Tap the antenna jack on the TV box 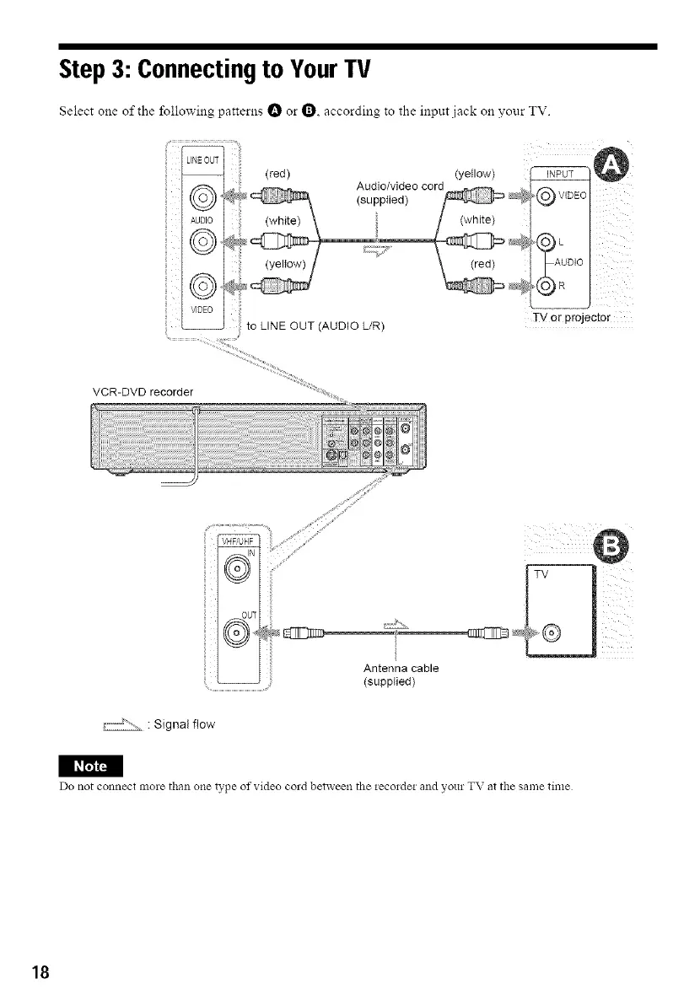pyautogui.click(x=553, y=631)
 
